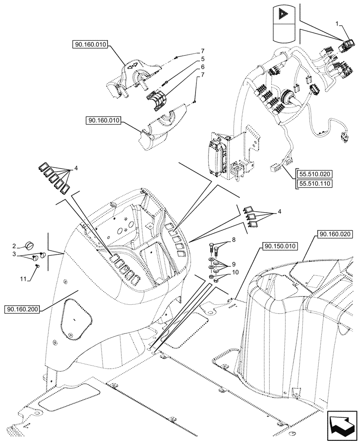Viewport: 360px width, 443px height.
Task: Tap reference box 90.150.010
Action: (x=281, y=246)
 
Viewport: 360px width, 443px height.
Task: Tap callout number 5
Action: (x=203, y=59)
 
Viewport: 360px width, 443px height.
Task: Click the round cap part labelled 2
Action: (x=30, y=245)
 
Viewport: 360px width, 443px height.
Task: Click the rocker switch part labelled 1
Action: (x=346, y=46)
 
